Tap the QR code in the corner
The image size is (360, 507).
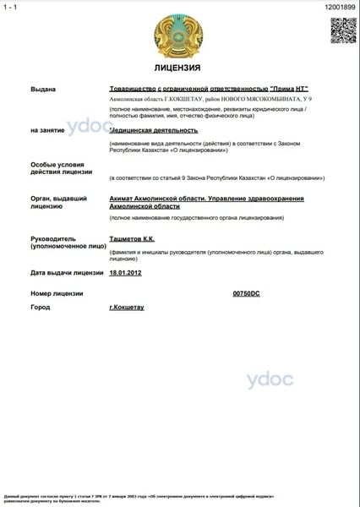click(341, 30)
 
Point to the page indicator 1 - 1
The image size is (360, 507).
click(10, 6)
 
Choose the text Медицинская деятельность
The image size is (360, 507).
click(154, 130)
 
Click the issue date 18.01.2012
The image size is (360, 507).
click(126, 273)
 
